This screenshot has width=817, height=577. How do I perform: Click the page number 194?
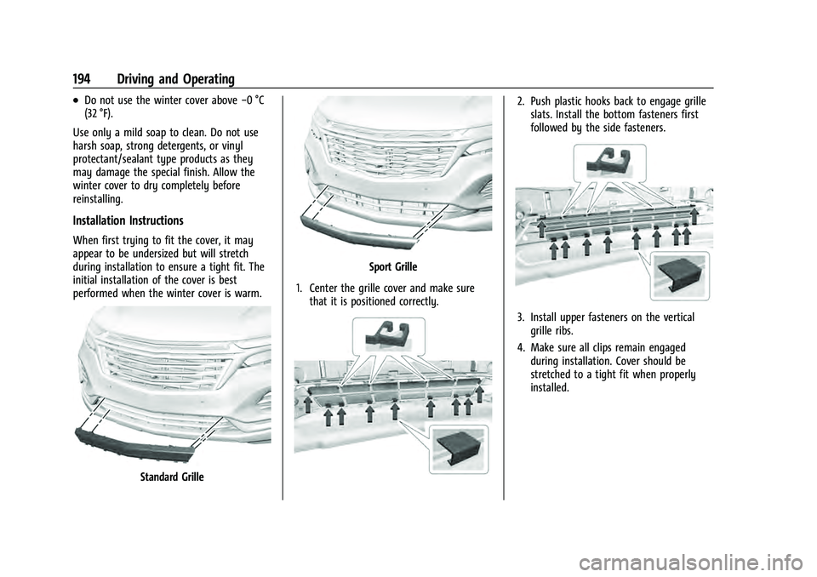tap(82, 79)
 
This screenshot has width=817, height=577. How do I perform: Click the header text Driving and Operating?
tap(175, 80)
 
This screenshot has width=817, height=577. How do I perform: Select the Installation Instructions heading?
tap(129, 220)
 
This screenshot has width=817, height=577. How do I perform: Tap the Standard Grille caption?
tap(172, 477)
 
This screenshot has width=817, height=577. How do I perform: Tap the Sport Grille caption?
tap(393, 267)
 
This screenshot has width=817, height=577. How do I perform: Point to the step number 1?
tap(297, 288)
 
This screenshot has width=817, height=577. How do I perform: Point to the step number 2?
tap(520, 101)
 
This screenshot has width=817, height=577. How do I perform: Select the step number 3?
tap(520, 317)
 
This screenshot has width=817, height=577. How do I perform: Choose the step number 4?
tap(520, 348)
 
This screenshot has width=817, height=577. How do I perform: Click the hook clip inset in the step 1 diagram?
tap(389, 335)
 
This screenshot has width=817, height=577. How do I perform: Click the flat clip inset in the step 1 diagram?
tap(459, 449)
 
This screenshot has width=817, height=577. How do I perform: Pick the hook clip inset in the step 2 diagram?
tap(609, 162)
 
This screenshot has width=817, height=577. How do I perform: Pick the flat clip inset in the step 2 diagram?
tap(680, 276)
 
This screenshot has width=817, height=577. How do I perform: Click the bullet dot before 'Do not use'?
tap(77, 101)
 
